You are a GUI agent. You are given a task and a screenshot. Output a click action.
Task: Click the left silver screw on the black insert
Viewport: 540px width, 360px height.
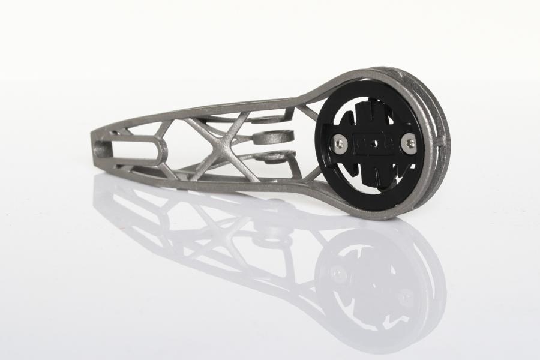coord(340,142)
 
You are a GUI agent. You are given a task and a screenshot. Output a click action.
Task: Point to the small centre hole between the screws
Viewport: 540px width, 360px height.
coord(374,143)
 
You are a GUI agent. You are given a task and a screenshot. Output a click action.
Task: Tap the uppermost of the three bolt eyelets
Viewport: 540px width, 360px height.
coord(264,118)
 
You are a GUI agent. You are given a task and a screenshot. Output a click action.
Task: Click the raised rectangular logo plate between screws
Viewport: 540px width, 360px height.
coord(374,143)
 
